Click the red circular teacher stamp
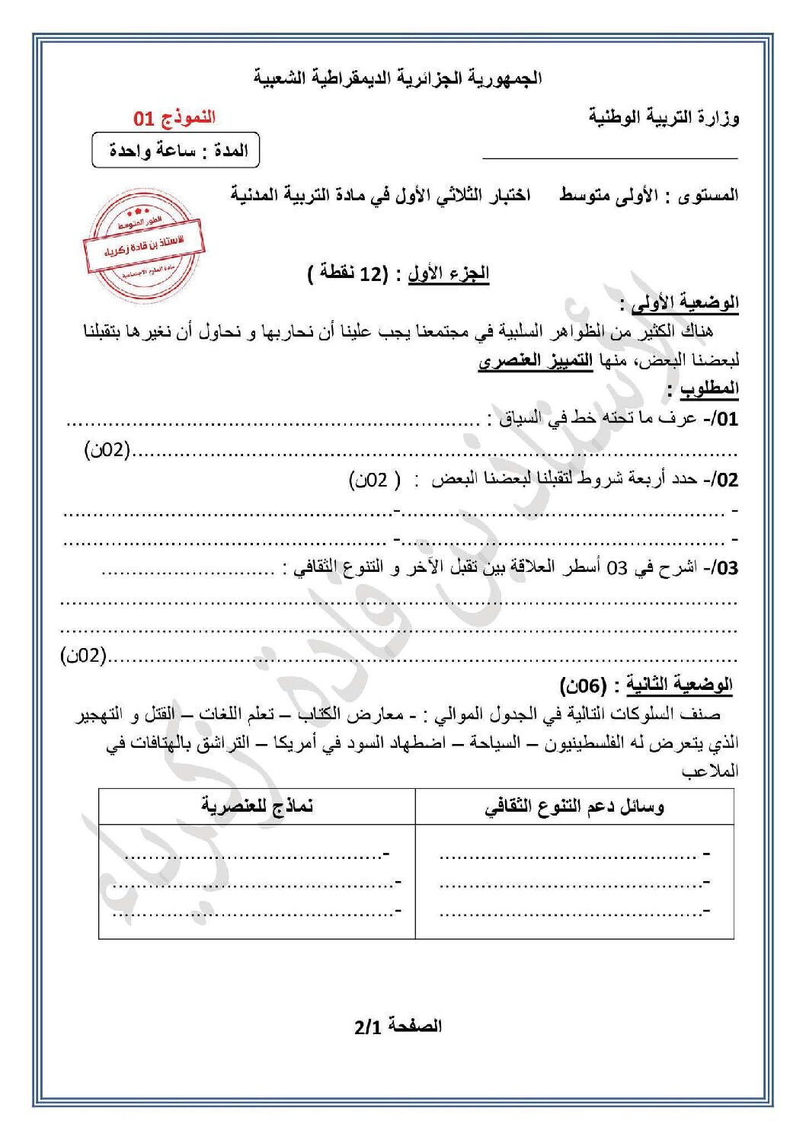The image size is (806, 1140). (x=143, y=245)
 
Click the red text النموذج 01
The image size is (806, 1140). (x=174, y=117)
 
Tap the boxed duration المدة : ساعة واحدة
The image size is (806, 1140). (x=176, y=150)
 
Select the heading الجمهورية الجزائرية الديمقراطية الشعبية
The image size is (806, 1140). (x=398, y=78)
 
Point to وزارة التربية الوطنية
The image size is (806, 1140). (x=663, y=117)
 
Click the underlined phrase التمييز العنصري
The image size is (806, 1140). (x=536, y=359)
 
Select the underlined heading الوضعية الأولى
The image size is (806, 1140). (x=685, y=302)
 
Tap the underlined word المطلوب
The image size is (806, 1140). (x=709, y=388)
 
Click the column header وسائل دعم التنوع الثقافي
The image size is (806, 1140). (x=574, y=806)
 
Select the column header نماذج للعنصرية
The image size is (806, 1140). (x=257, y=806)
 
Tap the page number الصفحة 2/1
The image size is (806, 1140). (x=398, y=1026)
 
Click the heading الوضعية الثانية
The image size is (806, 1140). (x=679, y=685)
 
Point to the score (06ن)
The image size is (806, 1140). (x=584, y=685)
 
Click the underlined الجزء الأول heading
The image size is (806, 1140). (x=449, y=273)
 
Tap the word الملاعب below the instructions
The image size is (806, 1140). (x=710, y=771)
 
